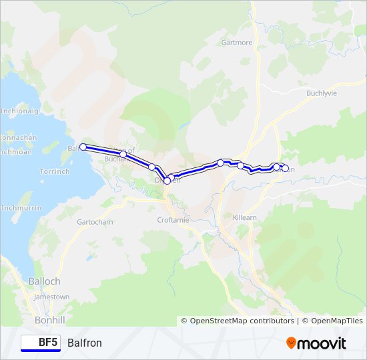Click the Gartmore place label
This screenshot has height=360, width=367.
(x=237, y=42)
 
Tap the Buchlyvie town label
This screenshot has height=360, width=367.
(x=321, y=93)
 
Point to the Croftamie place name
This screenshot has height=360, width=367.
(x=173, y=219)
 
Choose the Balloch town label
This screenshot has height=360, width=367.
(x=44, y=281)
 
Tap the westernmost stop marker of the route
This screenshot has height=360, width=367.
(x=83, y=147)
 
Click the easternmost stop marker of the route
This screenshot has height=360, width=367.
(x=286, y=169)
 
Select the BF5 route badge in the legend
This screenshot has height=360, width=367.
(x=41, y=343)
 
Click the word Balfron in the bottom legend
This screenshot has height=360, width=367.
(x=85, y=343)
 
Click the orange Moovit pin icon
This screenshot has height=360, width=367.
(x=292, y=343)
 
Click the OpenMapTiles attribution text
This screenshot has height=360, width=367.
(x=332, y=321)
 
